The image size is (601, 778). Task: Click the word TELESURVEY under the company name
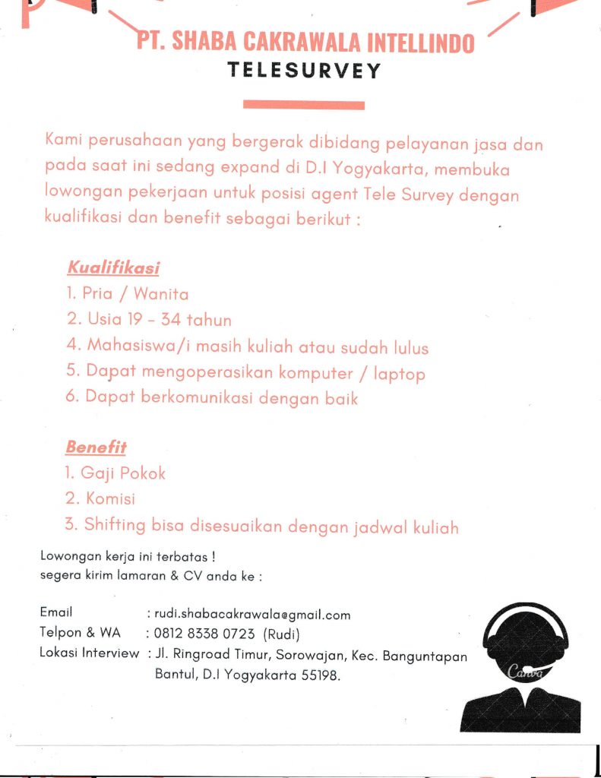point(304,71)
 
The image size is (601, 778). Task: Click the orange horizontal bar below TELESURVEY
point(304,105)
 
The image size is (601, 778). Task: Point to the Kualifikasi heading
point(113,267)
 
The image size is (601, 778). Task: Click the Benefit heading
point(96,447)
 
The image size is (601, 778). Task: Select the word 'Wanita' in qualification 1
point(160,293)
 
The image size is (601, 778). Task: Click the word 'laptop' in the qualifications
point(399,373)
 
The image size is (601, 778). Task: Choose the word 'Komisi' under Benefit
point(111,499)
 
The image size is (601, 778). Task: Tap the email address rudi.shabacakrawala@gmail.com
point(252,615)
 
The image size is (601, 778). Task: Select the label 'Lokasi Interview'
point(89,653)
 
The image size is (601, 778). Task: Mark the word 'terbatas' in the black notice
point(172,557)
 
